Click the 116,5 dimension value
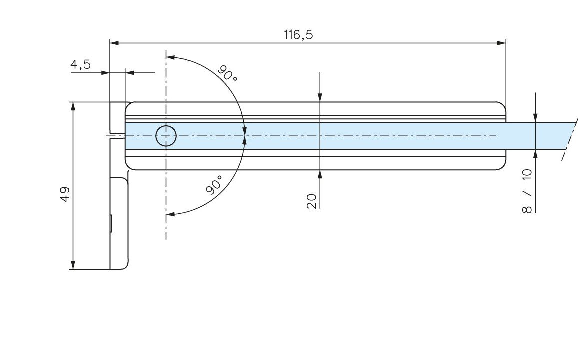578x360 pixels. [302, 34]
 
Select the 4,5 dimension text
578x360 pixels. [81, 65]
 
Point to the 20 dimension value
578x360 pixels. [312, 201]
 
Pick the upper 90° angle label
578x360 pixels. [227, 73]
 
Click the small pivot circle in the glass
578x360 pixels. [166, 136]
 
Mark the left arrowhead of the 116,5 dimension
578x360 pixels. [114, 43]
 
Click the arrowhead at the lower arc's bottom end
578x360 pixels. [170, 214]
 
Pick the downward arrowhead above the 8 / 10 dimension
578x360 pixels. [535, 119]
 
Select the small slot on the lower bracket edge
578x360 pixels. [111, 223]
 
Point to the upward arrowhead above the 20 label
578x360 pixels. [320, 174]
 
